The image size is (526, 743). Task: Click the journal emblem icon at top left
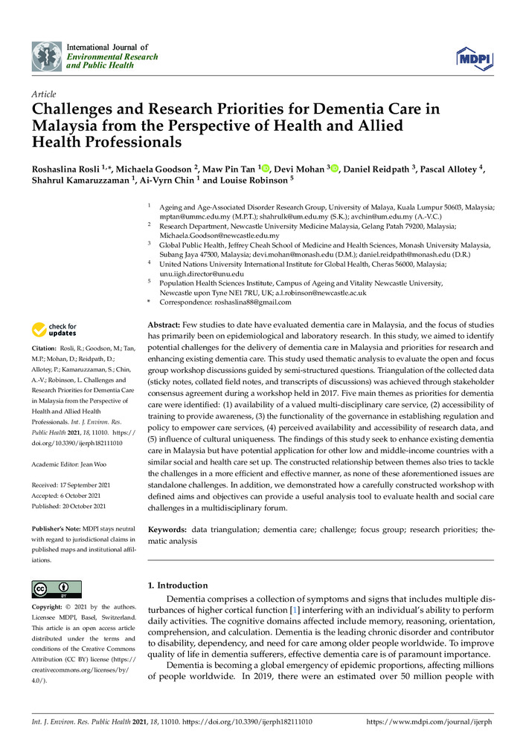47,56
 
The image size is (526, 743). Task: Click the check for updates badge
54,330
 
